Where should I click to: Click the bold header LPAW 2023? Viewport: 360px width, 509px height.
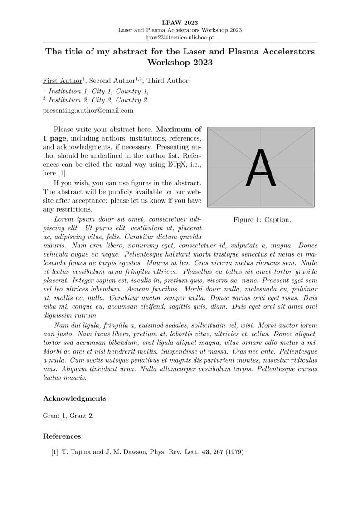tap(180, 22)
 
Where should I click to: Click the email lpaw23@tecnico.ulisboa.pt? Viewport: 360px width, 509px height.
tap(180, 38)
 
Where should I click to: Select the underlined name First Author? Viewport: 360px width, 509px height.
tap(63, 81)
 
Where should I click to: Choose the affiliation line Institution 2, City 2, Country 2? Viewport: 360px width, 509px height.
tap(97, 100)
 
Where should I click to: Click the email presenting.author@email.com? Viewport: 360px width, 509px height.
tap(88, 110)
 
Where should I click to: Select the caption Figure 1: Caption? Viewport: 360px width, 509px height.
tap(262, 220)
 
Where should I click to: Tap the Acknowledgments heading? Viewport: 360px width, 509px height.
tap(74, 398)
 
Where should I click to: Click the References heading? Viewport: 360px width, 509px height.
tap(62, 436)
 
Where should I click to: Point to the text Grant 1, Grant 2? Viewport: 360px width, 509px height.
tap(68, 416)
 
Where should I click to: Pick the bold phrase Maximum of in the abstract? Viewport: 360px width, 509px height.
tap(179, 129)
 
